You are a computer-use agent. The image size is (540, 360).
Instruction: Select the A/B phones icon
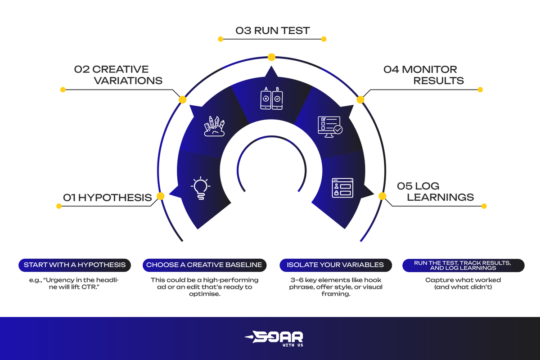click(x=271, y=99)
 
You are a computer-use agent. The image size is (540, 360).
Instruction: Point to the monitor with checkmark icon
click(x=329, y=126)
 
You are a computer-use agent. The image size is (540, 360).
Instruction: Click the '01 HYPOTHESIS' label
click(x=107, y=198)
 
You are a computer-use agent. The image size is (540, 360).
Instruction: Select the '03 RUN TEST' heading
click(x=273, y=31)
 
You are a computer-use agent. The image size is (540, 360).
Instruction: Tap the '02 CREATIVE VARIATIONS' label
click(x=118, y=75)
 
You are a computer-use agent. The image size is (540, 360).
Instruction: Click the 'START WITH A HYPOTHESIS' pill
click(x=75, y=265)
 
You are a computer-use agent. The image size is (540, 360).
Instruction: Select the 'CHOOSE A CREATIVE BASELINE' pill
click(x=204, y=265)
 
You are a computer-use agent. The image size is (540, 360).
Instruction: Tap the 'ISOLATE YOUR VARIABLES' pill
click(x=335, y=265)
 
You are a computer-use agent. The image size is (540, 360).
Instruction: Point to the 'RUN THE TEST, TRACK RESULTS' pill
click(x=463, y=265)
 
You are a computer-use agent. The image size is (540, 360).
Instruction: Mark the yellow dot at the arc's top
click(x=271, y=57)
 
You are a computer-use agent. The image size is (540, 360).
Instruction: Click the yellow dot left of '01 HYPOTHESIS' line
click(x=58, y=206)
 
